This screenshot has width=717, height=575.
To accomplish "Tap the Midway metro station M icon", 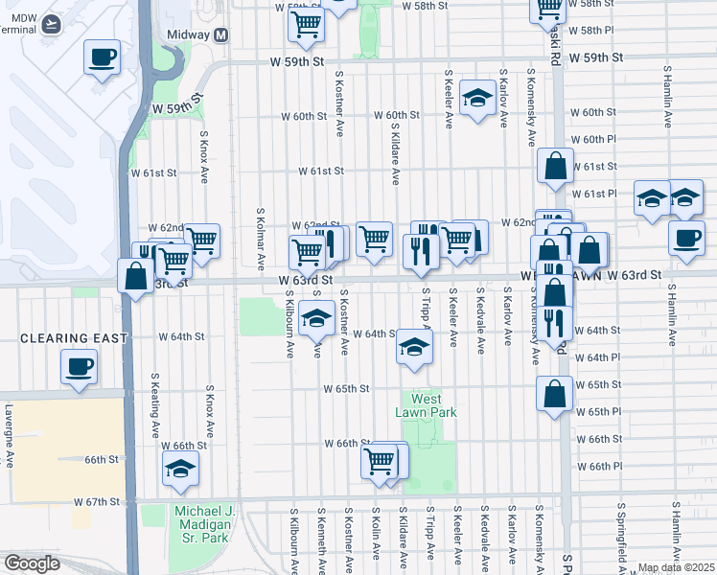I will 221,34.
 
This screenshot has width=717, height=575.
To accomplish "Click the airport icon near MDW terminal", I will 48,23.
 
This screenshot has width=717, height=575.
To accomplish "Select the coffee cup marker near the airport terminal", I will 102,57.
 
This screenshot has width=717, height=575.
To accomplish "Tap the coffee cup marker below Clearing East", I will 79,366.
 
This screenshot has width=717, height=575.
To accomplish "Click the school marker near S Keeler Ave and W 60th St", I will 476,99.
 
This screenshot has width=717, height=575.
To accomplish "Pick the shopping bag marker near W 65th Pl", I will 555,394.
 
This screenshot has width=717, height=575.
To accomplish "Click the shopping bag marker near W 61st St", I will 555,167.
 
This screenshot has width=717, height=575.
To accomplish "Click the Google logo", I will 32,563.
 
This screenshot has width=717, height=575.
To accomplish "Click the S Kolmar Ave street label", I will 261,238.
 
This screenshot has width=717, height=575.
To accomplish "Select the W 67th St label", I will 97,501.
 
